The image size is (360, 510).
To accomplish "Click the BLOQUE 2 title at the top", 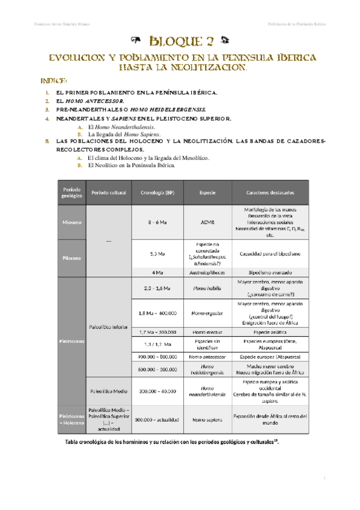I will point(180,41).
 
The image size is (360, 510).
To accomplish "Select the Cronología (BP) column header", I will point(157,192).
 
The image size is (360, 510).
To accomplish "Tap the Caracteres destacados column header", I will point(270,192).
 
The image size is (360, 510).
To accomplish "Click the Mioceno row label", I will point(71,223).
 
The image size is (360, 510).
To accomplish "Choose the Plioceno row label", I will point(71,258).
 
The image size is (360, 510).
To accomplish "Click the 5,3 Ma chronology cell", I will point(157,254).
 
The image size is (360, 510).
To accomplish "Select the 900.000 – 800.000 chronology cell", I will point(157,356).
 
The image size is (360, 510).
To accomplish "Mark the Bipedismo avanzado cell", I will point(270,272).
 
